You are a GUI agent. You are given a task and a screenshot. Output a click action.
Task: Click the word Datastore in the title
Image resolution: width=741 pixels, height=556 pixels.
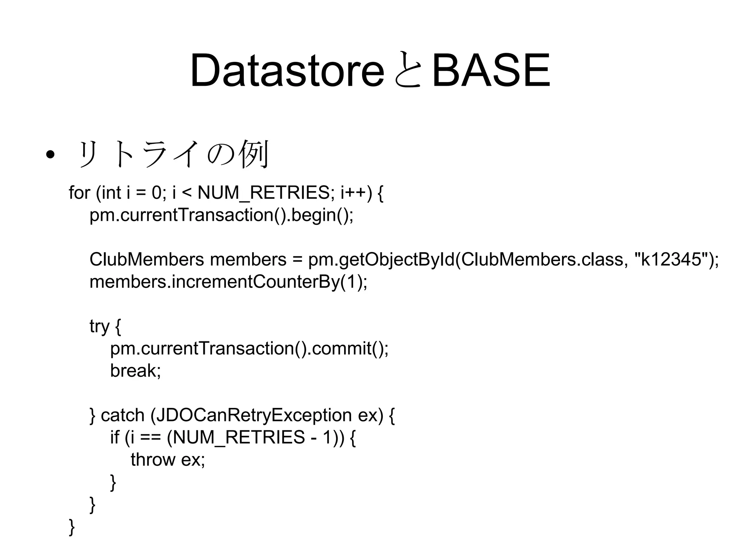point(287,71)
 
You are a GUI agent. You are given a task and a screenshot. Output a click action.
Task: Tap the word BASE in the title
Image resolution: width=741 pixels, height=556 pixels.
point(491,71)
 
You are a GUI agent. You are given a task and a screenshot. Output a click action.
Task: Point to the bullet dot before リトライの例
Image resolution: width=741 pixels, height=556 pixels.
point(50,155)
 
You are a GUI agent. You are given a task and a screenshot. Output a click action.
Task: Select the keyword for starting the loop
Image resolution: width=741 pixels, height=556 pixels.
point(79,193)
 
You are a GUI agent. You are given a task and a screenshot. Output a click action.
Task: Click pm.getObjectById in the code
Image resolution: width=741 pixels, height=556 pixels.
point(381,260)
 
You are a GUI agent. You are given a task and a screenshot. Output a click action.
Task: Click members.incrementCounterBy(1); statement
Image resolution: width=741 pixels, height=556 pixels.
point(228,282)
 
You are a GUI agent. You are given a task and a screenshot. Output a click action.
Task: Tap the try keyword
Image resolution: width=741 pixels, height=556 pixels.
point(99,327)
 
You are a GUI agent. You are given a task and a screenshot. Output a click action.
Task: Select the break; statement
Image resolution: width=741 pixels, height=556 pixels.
point(135,371)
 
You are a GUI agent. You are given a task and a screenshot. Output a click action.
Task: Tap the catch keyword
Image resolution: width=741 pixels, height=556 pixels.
point(122,415)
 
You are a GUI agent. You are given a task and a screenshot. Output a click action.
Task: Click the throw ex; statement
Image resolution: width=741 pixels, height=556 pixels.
point(168,460)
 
